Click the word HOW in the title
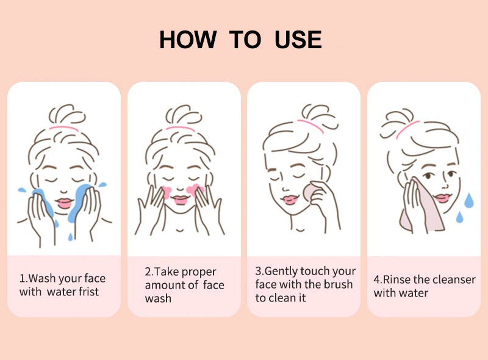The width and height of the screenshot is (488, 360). pyautogui.click(x=187, y=40)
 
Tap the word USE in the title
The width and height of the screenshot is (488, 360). pyautogui.click(x=298, y=40)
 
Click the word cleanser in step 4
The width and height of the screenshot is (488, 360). pyautogui.click(x=451, y=279)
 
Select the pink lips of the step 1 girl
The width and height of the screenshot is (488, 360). pyautogui.click(x=64, y=203)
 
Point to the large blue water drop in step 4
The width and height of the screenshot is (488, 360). pyautogui.click(x=469, y=201)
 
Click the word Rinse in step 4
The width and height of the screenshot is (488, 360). pyautogui.click(x=398, y=279)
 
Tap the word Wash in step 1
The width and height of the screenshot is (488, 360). pyautogui.click(x=42, y=278)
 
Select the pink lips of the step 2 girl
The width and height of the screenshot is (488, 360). pyautogui.click(x=179, y=200)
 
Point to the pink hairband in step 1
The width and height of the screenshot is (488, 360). pyautogui.click(x=64, y=129)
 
